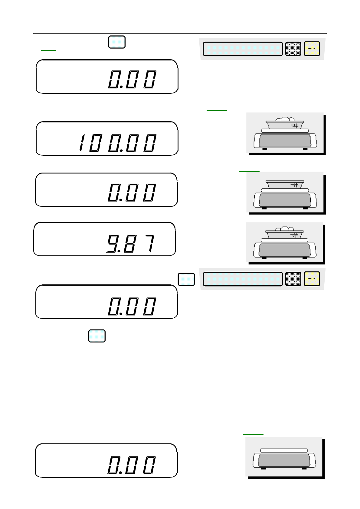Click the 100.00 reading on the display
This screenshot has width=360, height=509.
118,143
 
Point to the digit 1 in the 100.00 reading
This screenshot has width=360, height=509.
81,143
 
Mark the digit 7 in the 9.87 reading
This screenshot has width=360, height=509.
150,244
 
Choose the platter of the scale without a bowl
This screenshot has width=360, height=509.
284,450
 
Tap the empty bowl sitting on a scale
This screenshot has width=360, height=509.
284,185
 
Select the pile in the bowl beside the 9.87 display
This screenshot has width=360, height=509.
284,229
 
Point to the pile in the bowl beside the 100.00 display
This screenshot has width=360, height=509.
285,119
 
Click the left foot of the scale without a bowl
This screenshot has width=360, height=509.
263,468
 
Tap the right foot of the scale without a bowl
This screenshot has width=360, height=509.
304,468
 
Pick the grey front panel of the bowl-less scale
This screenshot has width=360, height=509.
284,460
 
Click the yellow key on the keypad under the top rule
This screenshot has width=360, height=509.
312,49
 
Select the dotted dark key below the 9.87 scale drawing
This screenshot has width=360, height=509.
293,279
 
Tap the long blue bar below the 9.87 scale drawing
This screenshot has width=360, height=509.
242,279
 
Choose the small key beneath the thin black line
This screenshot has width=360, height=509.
97,336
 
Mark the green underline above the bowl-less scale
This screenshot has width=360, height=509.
253,434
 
